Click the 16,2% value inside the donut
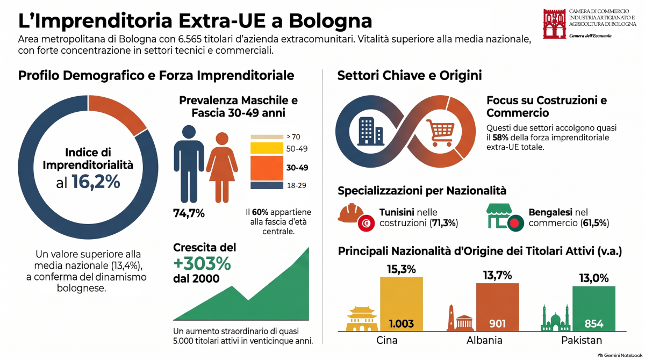click(x=96, y=182)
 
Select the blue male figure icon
click(x=189, y=164)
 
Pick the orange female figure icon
click(x=222, y=168)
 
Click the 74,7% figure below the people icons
click(x=189, y=213)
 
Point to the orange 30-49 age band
click(x=267, y=168)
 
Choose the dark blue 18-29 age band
click(x=267, y=185)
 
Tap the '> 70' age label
click(x=293, y=136)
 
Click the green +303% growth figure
click(x=202, y=264)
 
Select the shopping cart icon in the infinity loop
click(x=440, y=133)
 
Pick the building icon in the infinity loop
click(x=370, y=131)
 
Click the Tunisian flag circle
click(x=366, y=224)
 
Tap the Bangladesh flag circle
click(x=515, y=224)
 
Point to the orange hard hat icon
click(x=350, y=213)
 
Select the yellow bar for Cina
click(x=402, y=304)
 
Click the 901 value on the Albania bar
click(x=497, y=324)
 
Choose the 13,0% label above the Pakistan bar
click(x=594, y=278)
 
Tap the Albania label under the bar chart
click(x=484, y=341)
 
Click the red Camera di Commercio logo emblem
click(x=554, y=24)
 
